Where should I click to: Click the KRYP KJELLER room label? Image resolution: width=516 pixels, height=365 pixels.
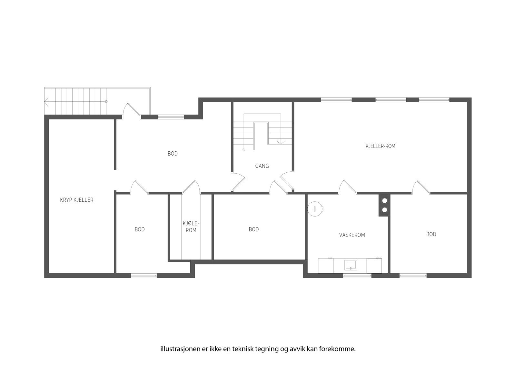pos(77,200)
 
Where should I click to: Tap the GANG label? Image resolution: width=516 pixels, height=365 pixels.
pos(262,166)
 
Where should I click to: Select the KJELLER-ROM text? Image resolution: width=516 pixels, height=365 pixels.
pos(380,146)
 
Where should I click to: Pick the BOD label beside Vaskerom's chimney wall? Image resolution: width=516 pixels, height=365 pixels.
pos(431,234)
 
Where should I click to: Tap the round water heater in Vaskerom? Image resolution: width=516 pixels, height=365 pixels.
pos(315,208)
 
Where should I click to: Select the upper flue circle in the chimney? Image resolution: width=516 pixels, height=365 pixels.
pos(384,201)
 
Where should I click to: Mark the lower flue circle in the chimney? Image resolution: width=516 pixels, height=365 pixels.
pos(384,210)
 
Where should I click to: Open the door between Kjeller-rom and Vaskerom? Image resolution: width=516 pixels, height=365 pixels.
pos(347,188)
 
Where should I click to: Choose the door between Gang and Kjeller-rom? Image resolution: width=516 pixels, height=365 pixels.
pos(287,181)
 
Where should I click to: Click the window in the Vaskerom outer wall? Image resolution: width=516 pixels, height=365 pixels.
pos(357,276)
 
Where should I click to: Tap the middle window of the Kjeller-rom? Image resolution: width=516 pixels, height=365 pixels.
pos(391,100)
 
